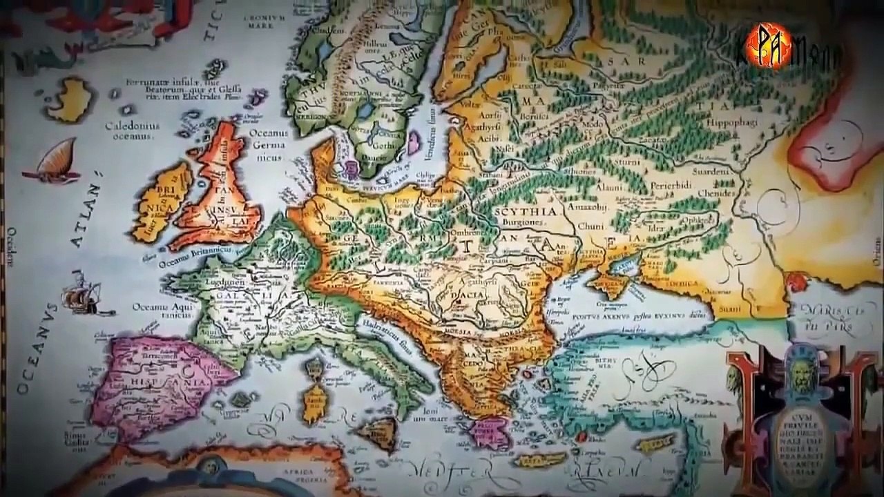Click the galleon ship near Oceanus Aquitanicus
point(81,298)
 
